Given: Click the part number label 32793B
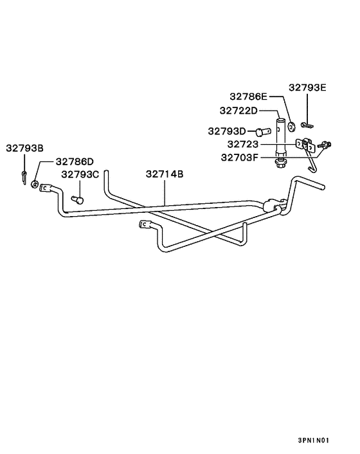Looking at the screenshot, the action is [x=24, y=149].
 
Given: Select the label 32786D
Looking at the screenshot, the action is [x=75, y=161].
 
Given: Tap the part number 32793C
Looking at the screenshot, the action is [x=80, y=175].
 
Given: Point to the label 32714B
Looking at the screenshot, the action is [x=165, y=174].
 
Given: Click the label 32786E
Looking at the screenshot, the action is [x=249, y=96].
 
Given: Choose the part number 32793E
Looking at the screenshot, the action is [x=307, y=87].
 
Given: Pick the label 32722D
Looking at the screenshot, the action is [x=239, y=111].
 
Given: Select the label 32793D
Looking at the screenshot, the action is [x=227, y=131].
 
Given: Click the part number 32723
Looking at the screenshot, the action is [x=242, y=144].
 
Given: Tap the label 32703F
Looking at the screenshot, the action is [x=239, y=158].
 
